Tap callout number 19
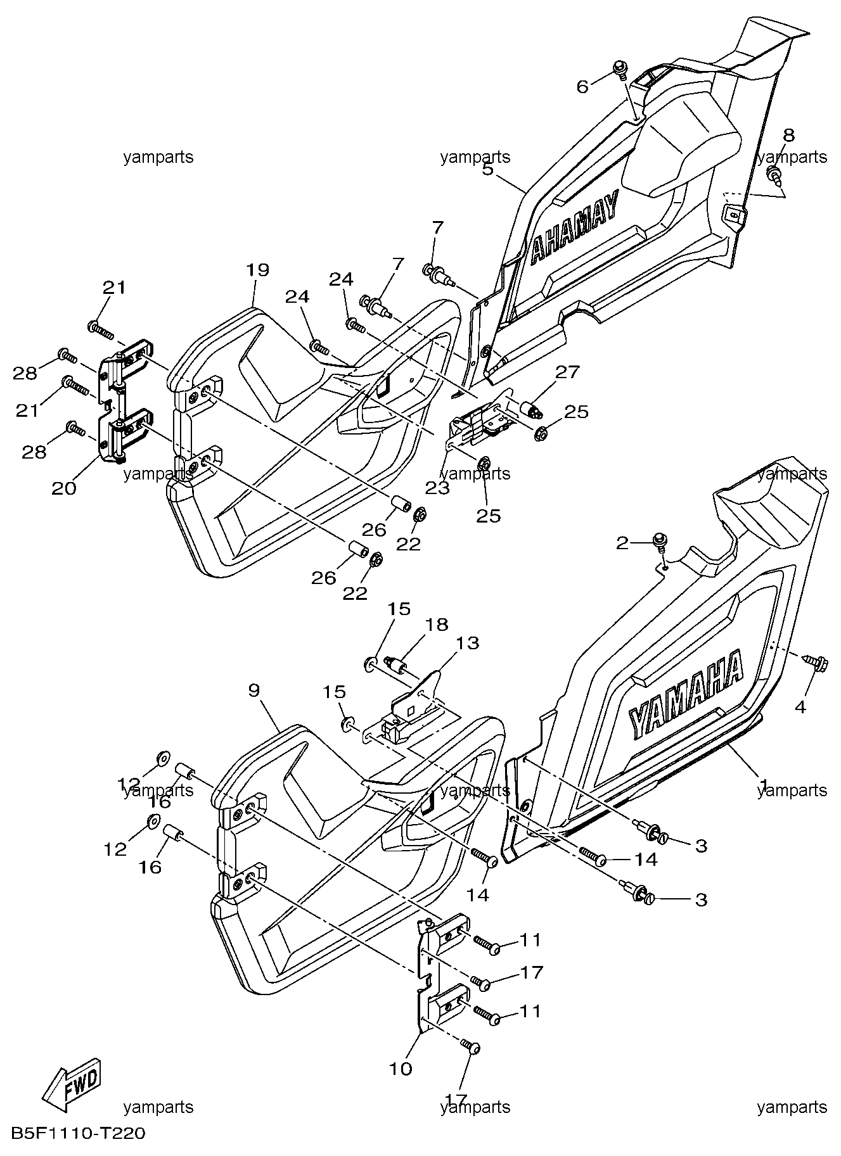(x=258, y=270)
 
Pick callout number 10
(x=401, y=1069)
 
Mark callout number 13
(x=468, y=643)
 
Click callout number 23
(x=437, y=488)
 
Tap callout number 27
(x=568, y=372)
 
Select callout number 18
(x=437, y=625)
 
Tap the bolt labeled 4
(x=814, y=661)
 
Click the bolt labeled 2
(x=660, y=543)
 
